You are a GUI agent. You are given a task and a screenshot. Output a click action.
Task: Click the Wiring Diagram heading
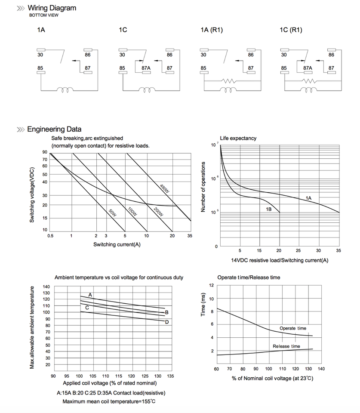pos(52,8)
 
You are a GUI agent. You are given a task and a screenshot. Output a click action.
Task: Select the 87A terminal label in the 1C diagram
pos(146,68)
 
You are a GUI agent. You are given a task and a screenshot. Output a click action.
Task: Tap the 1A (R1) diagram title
pos(212,30)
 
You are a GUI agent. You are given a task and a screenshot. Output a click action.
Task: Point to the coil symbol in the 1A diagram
pos(66,90)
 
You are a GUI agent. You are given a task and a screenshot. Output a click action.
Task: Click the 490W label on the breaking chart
pos(164,189)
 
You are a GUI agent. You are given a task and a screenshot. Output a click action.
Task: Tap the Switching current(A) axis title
pos(117,244)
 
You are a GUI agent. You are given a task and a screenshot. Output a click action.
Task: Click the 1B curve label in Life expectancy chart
pos(268,209)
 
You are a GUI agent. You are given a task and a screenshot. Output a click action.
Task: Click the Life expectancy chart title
pos(238,138)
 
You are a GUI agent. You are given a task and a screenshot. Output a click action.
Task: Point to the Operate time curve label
pos(293,328)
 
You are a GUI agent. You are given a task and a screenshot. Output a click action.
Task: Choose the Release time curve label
pos(286,346)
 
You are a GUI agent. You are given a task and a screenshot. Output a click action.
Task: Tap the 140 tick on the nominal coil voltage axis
pos(321,369)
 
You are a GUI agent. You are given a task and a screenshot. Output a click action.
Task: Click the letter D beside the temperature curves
pos(167,322)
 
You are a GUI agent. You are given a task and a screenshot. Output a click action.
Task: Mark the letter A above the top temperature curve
pos(90,295)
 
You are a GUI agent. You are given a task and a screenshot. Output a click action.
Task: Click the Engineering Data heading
pos(54,129)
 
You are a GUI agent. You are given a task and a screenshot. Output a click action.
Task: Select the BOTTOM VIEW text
pos(44,15)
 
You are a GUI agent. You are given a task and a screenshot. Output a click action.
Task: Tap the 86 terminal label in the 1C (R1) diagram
pos(331,55)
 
